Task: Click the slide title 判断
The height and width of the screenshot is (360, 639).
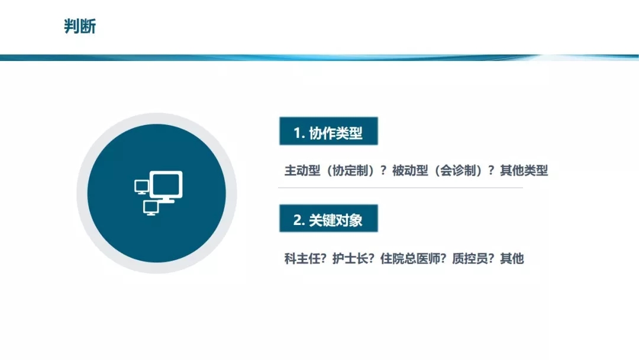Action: tap(80, 27)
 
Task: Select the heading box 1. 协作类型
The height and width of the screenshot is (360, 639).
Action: tap(328, 131)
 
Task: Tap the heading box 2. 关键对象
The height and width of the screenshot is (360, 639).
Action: tap(328, 218)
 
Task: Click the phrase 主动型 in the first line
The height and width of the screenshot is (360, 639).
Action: tap(302, 171)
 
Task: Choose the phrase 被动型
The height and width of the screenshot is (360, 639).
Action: tap(410, 171)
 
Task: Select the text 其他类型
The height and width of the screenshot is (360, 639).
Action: tap(524, 171)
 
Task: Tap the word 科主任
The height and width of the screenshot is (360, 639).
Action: tap(302, 259)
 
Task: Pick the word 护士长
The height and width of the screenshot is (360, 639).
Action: tap(350, 259)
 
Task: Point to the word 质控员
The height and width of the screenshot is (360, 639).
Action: tap(469, 259)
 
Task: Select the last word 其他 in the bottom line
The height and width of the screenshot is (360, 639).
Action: tap(512, 259)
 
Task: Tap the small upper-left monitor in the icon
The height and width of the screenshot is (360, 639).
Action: tap(141, 187)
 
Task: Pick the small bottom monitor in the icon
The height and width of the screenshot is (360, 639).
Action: tap(151, 208)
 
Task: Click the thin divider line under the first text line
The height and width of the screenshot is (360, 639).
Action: tap(401, 188)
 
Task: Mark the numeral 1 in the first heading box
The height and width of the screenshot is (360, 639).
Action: tap(297, 133)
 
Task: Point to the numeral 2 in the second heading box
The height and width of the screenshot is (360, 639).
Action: tap(298, 220)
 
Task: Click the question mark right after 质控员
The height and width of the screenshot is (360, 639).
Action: tap(491, 259)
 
